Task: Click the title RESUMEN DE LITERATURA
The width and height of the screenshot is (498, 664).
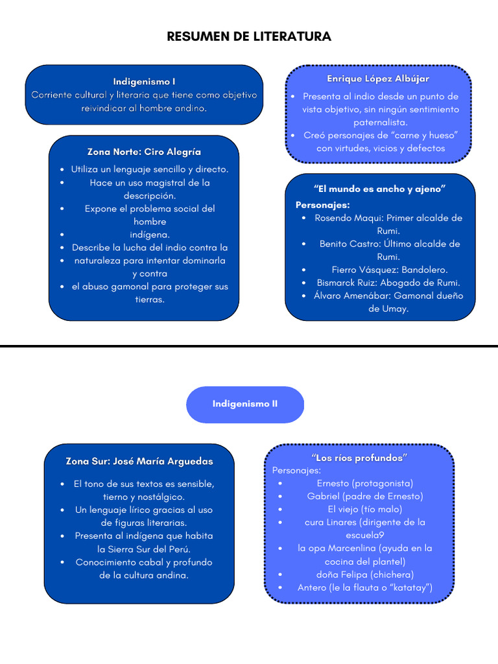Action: tap(249, 36)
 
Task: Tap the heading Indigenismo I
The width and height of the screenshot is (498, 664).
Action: tap(144, 82)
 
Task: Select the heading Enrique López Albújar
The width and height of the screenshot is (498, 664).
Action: tap(378, 78)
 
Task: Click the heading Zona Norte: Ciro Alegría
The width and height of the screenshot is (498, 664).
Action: tap(144, 152)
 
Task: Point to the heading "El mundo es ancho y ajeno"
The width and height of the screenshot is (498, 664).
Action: tap(379, 189)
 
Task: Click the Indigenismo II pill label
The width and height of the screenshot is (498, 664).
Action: tap(245, 404)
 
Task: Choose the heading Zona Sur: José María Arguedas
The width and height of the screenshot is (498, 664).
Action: tap(139, 462)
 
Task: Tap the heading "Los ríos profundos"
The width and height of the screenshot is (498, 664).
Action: tap(359, 458)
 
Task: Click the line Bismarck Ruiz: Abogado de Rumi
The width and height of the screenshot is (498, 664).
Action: tap(388, 283)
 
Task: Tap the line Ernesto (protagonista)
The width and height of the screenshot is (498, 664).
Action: tap(364, 483)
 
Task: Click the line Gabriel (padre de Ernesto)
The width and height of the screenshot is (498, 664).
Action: tap(364, 496)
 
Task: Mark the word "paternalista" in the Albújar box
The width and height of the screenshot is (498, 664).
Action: tap(381, 122)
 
